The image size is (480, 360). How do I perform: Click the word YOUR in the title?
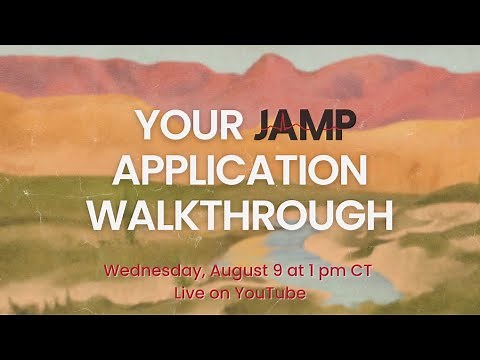[187, 125]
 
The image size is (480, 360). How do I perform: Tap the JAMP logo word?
[303, 125]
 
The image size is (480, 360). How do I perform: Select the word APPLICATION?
[240, 170]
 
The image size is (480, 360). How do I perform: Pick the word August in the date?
[237, 270]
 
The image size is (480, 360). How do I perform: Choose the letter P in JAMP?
[346, 125]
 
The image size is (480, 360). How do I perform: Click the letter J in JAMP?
[263, 125]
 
